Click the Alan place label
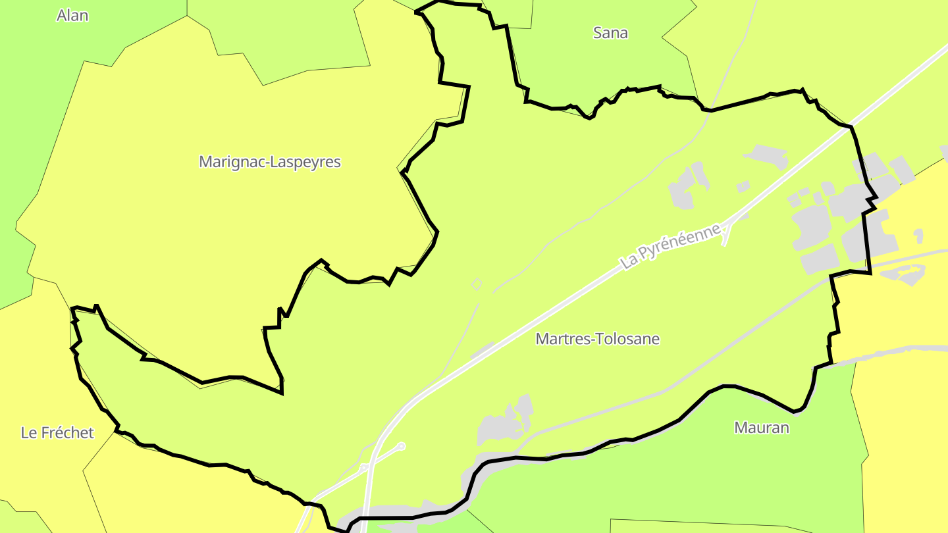coord(72,16)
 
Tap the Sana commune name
coord(610,33)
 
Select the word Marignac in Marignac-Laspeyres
coord(230,162)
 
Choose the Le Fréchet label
coord(57,433)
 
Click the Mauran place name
coord(761,428)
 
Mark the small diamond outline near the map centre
coord(477,284)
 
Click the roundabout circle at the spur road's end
coord(401,446)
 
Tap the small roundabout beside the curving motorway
coord(364,468)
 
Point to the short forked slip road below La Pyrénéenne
coord(726,234)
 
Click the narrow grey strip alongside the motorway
coord(483,350)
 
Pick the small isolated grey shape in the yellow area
coord(918,235)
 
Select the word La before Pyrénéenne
coord(629,261)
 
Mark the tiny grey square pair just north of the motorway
coord(743,187)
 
